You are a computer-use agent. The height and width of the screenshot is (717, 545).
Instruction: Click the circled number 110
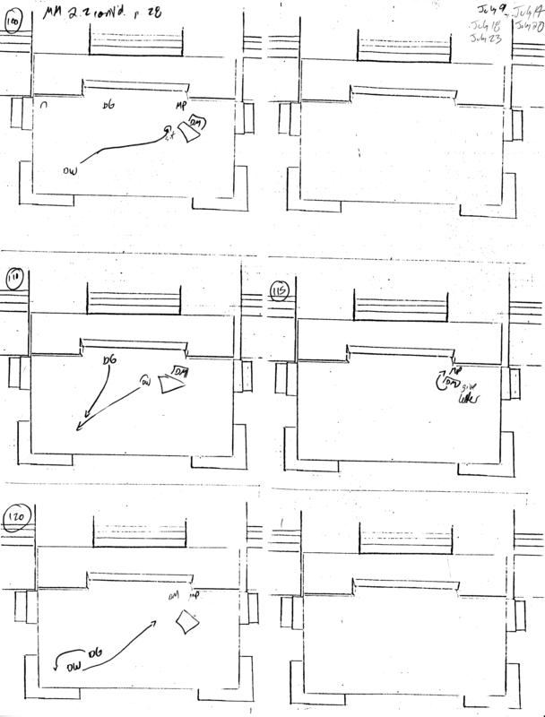pos(13,280)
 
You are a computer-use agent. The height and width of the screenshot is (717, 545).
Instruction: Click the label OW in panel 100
pos(73,169)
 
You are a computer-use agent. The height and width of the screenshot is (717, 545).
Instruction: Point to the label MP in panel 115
pos(455,368)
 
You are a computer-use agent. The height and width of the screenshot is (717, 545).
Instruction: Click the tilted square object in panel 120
pos(187,621)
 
